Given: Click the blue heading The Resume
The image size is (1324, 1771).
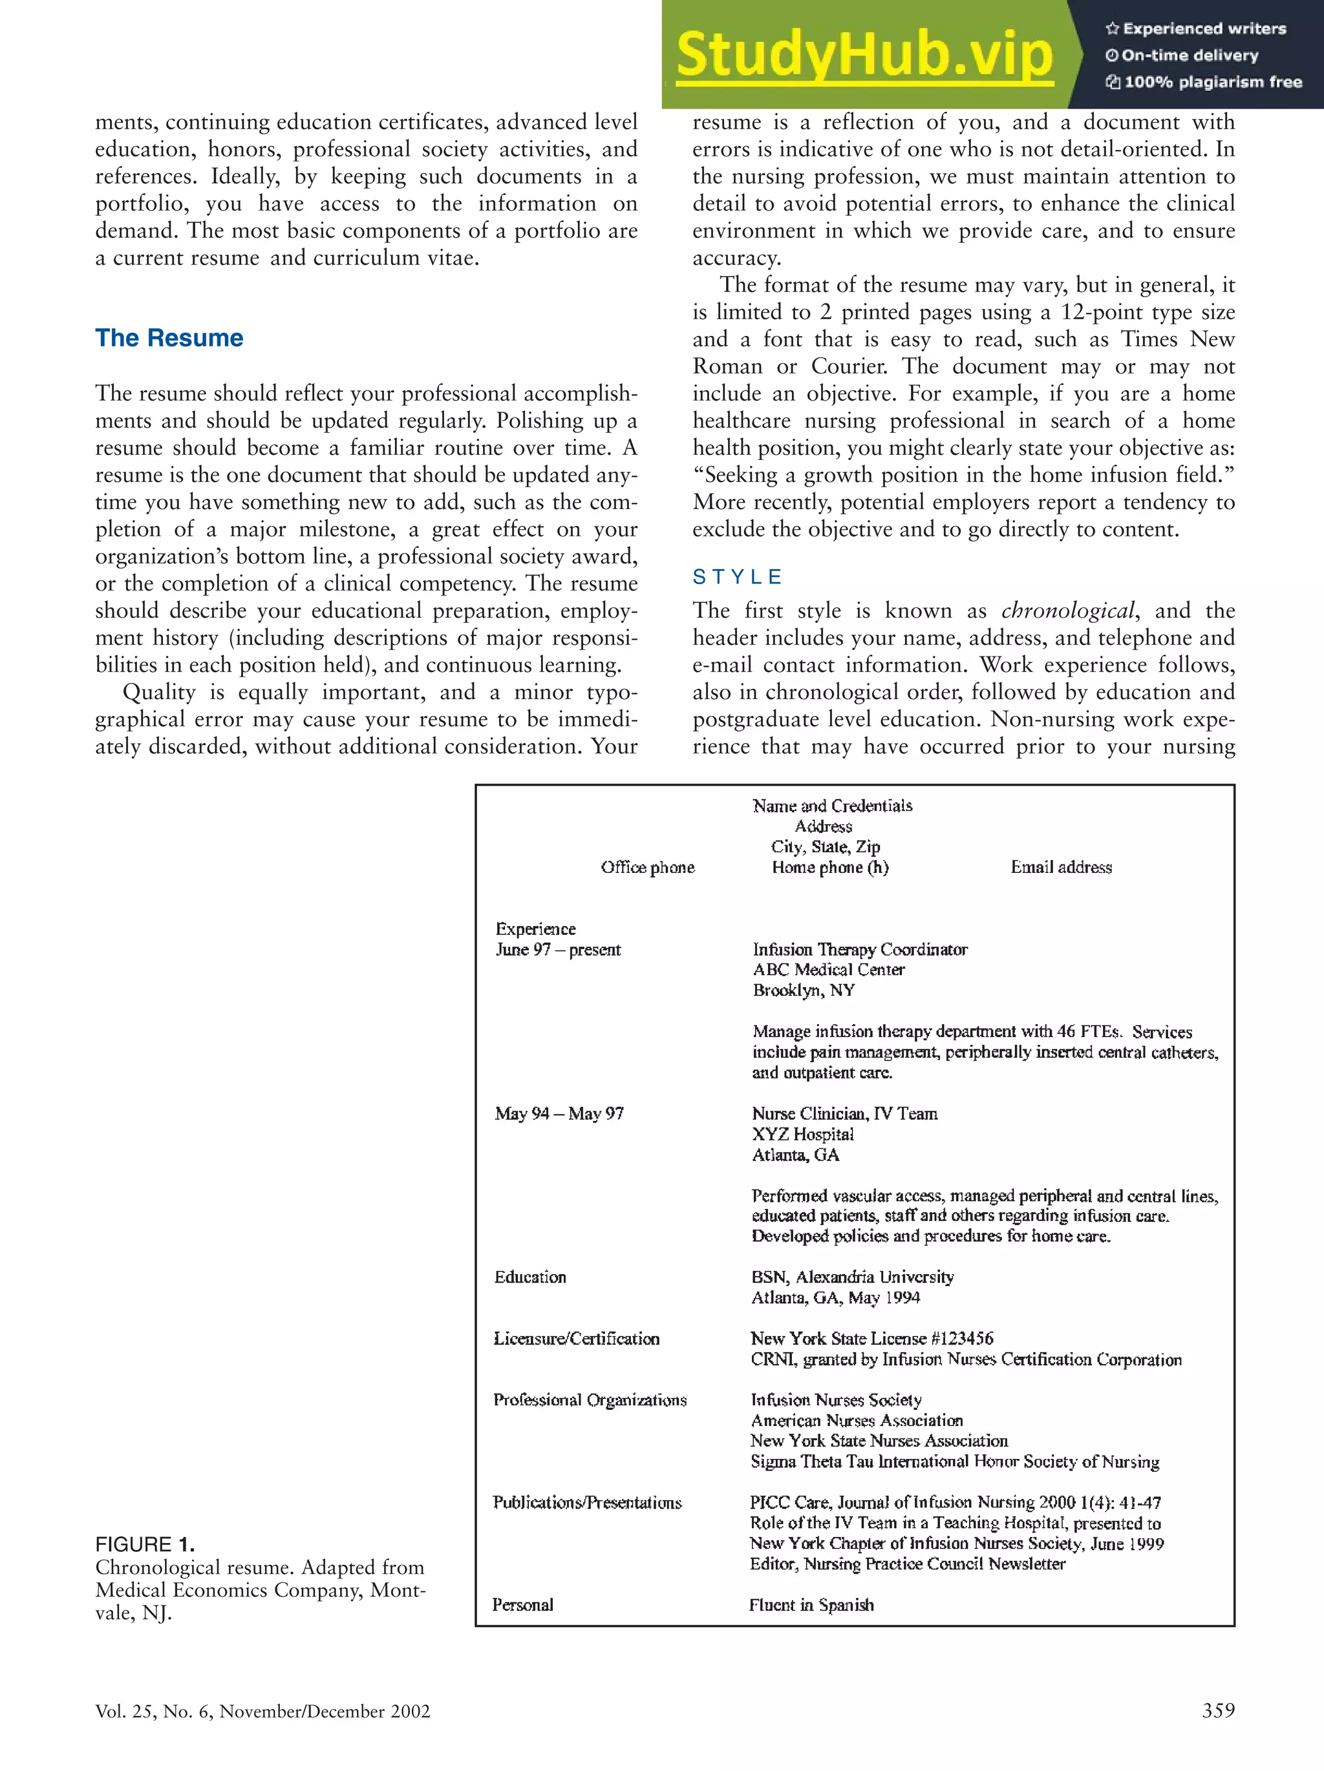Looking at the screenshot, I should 169,338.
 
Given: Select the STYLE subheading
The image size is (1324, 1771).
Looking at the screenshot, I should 737,577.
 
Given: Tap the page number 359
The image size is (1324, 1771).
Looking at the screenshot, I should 1217,1710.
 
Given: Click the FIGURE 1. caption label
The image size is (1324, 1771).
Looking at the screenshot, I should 145,1544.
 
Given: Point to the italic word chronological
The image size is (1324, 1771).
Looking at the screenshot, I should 1068,611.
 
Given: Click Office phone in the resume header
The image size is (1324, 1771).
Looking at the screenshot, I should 647,867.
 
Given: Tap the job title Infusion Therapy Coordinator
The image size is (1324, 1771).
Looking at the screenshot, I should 859,950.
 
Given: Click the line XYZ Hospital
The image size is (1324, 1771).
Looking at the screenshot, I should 802,1134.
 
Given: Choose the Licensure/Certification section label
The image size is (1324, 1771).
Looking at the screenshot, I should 576,1339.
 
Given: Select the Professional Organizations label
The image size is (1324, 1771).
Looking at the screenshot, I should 590,1399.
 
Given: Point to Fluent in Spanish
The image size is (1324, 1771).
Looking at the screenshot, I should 811,1604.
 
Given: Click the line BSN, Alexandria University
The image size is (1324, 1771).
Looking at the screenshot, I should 852,1277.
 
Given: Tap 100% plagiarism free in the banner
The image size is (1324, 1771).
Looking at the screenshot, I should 1212,81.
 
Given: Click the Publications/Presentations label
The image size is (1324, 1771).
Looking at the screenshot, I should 587,1502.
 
